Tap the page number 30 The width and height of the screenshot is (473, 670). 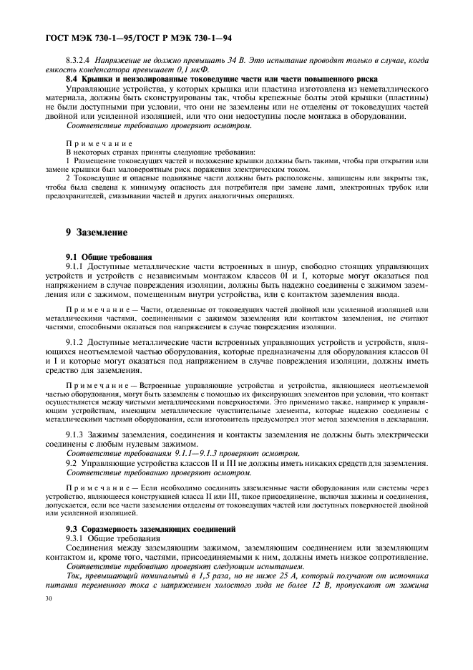49,597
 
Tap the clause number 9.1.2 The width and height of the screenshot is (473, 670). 78,344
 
